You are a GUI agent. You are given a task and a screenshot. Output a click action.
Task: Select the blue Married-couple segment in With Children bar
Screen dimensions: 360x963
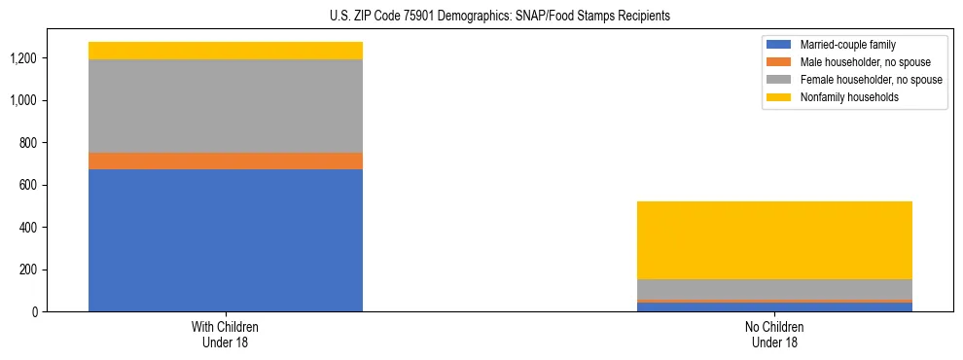click(226, 240)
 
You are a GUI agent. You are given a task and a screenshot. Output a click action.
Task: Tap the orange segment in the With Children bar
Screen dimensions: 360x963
click(226, 162)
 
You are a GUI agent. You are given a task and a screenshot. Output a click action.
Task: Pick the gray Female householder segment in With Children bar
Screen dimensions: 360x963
click(226, 106)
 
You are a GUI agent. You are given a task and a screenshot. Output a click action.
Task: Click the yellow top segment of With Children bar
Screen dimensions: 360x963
click(226, 51)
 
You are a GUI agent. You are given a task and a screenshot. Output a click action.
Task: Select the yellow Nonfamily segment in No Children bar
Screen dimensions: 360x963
click(774, 240)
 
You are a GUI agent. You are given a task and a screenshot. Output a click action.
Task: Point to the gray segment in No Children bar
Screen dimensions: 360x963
click(774, 289)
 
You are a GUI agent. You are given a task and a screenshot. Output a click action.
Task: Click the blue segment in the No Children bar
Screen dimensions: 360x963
click(774, 307)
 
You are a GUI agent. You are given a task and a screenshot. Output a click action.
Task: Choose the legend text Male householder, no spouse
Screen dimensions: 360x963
click(853, 62)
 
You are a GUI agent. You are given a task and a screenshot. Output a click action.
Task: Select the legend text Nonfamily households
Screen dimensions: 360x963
click(841, 97)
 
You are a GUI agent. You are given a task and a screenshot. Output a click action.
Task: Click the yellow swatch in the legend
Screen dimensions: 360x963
click(779, 97)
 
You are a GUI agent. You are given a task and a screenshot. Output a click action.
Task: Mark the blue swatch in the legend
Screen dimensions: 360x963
click(779, 45)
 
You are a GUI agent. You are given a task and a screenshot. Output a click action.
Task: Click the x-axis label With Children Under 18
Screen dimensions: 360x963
click(226, 335)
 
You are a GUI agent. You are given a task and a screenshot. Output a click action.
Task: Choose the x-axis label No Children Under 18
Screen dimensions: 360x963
click(774, 335)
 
